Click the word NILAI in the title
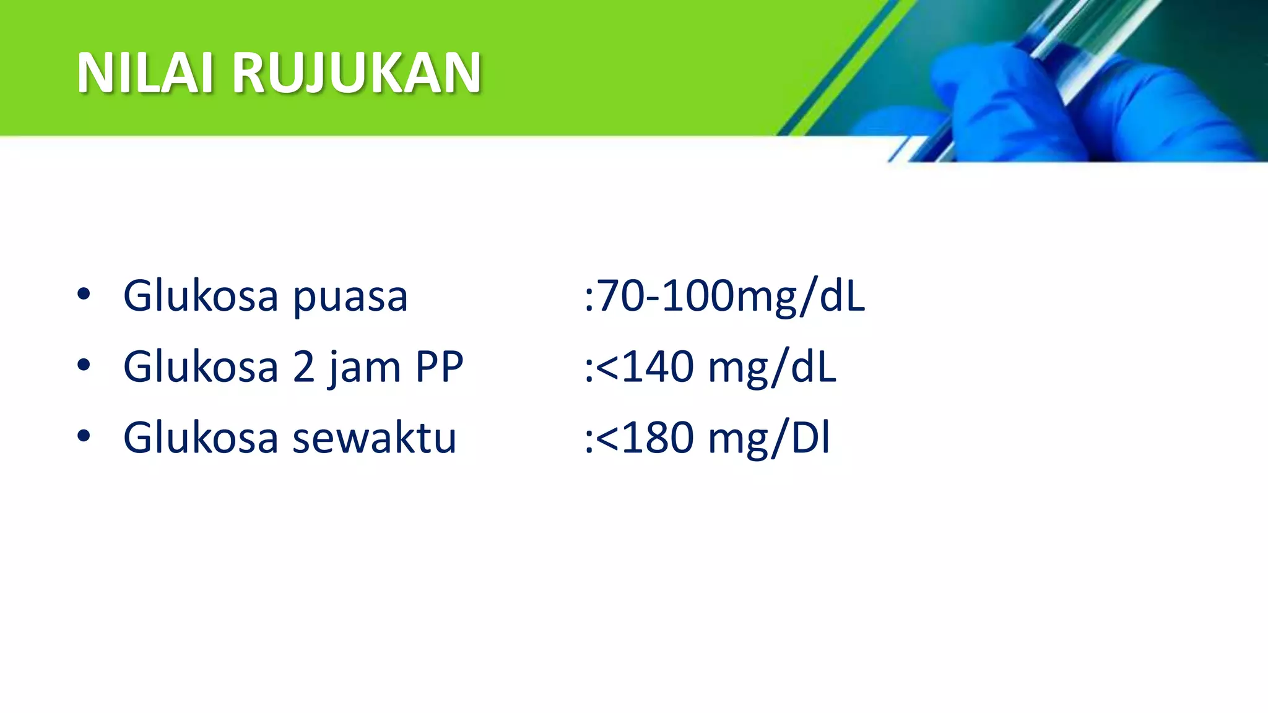(x=145, y=73)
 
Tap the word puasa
(x=350, y=297)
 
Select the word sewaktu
(x=374, y=438)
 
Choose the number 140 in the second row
(x=658, y=367)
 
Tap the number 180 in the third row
(x=658, y=438)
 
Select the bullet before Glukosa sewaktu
(x=84, y=436)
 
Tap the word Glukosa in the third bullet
(x=200, y=438)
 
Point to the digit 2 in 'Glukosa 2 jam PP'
(x=303, y=367)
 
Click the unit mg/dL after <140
(x=771, y=368)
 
